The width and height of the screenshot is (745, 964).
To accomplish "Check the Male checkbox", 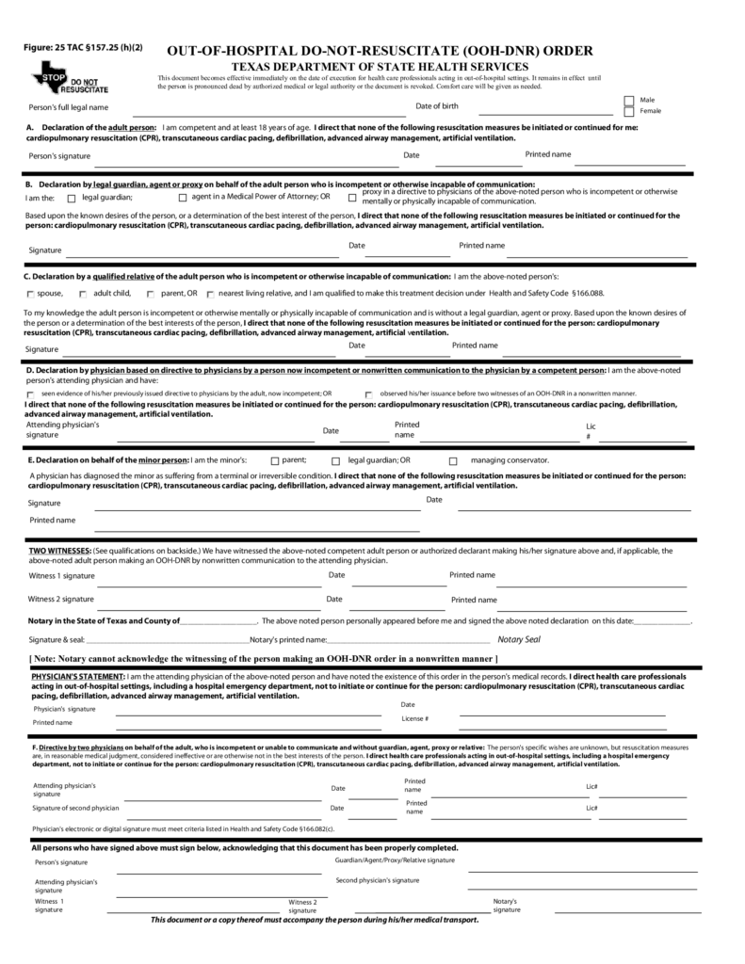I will pos(629,100).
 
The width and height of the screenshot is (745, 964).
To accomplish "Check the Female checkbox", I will pos(629,111).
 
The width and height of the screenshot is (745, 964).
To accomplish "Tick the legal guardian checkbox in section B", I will pos(73,199).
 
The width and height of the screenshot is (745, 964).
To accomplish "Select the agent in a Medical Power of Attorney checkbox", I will pos(183,199).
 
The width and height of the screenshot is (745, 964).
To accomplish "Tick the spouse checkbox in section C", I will pos(30,295).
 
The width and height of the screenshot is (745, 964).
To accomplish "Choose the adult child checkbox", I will pos(84,295).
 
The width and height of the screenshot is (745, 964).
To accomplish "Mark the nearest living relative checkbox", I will pos(210,295).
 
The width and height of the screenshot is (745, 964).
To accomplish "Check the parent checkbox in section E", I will pos(275,461).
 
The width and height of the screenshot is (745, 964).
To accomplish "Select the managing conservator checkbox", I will pos(453,461).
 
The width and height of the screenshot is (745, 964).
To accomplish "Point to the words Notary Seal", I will pos(518,639).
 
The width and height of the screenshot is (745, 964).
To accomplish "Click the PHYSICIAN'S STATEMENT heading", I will pos(76,676).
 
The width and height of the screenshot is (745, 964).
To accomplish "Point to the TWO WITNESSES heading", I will pos(58,550).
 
